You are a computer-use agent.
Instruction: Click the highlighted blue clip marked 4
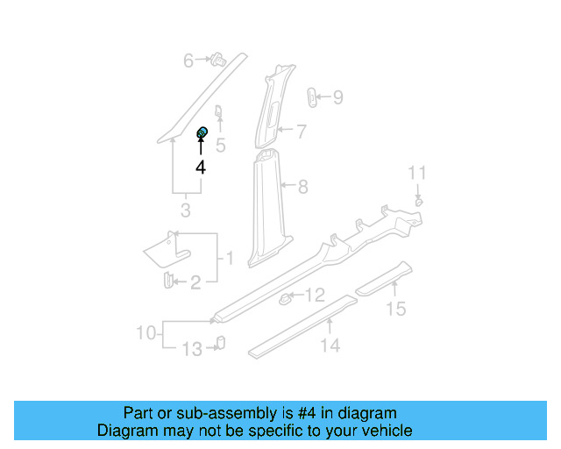202,133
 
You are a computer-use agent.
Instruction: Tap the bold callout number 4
201,167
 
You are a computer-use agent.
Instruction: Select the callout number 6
188,61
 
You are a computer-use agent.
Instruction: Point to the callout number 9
337,97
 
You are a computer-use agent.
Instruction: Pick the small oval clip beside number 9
311,96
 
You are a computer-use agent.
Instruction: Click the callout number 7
301,132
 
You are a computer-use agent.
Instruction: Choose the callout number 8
303,186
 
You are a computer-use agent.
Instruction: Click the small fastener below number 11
419,202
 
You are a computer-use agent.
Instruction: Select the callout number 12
315,296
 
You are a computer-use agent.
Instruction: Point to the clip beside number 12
286,300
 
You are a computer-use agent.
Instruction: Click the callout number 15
397,308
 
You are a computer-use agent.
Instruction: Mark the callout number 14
330,346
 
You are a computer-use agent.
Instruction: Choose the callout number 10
146,332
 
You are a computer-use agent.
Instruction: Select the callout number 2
195,282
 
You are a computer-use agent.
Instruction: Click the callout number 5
221,146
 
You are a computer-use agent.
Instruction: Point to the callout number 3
185,210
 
